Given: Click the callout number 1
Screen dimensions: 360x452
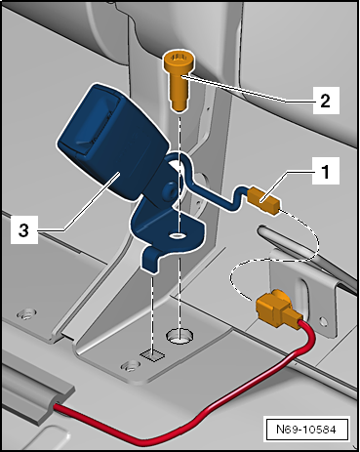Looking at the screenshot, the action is pos(326,171).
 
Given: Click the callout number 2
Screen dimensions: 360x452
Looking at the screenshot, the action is pos(325,101).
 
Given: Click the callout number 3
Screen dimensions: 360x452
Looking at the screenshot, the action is pos(23,230).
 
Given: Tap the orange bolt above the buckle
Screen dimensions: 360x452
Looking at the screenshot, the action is pos(178,81).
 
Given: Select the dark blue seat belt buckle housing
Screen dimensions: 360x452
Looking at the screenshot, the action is pos(112,144).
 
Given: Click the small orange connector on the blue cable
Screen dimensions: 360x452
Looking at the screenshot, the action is pos(263,202).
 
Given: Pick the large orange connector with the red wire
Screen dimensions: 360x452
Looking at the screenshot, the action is pos(277,308).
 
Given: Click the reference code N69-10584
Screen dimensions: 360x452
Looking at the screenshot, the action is pos(306,430).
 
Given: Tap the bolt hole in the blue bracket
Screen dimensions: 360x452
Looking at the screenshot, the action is pos(177,234).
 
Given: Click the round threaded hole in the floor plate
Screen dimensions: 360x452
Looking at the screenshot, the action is pos(180,335).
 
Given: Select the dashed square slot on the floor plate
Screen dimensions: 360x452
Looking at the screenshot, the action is pos(152,354).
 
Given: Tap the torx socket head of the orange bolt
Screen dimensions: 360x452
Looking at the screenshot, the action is pos(178,58).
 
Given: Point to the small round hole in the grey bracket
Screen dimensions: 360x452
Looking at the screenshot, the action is pos(323,321).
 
